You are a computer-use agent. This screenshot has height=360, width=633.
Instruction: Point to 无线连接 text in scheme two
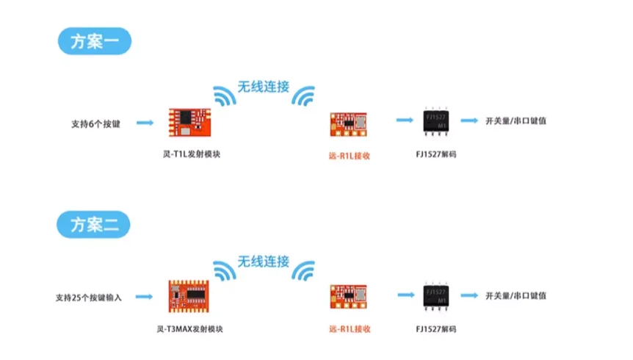click(263, 262)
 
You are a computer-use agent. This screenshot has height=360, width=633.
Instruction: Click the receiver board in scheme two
click(347, 297)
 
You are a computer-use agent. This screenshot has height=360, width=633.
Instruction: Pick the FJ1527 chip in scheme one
click(437, 122)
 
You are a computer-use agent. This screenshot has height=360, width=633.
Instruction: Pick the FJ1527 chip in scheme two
click(437, 296)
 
